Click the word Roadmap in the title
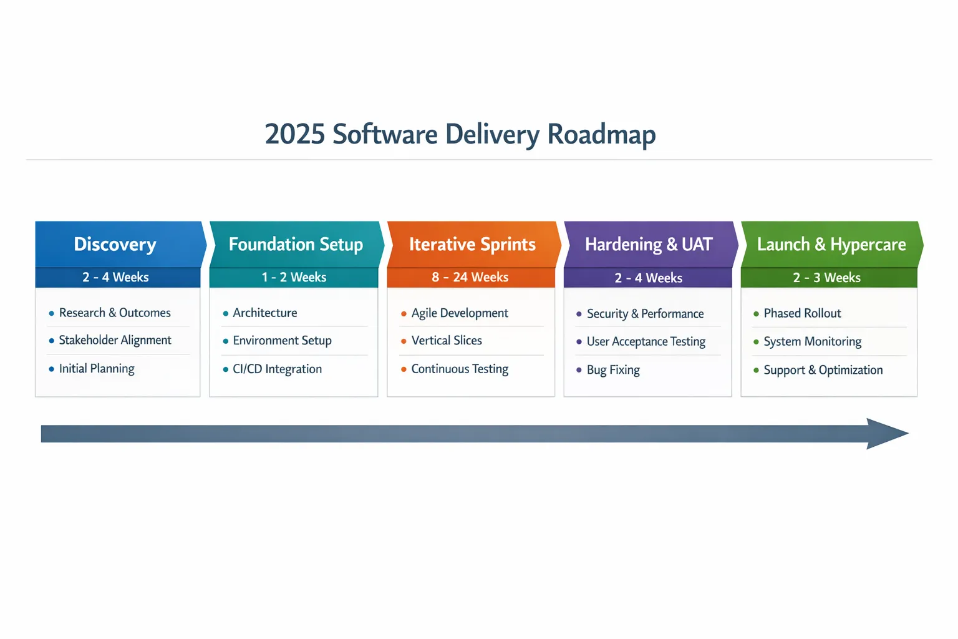pyautogui.click(x=601, y=135)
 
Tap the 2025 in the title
pyautogui.click(x=294, y=134)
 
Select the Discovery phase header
pyautogui.click(x=115, y=245)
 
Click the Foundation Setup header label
pyautogui.click(x=296, y=245)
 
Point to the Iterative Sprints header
pyautogui.click(x=472, y=245)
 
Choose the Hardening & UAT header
pyautogui.click(x=649, y=245)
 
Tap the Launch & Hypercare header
pyautogui.click(x=831, y=245)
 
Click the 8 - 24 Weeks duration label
pyautogui.click(x=470, y=277)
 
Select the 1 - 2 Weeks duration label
pyautogui.click(x=294, y=277)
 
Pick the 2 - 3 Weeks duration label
pyautogui.click(x=826, y=278)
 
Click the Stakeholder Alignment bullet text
pyautogui.click(x=115, y=340)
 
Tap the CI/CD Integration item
pyautogui.click(x=277, y=369)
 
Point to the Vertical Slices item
pyautogui.click(x=447, y=341)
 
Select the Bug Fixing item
pyautogui.click(x=613, y=370)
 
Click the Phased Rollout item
pyautogui.click(x=802, y=313)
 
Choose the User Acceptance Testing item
pyautogui.click(x=646, y=341)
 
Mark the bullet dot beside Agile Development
pyautogui.click(x=404, y=314)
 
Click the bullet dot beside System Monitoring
pyautogui.click(x=756, y=342)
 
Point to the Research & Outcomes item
pyautogui.click(x=115, y=313)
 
